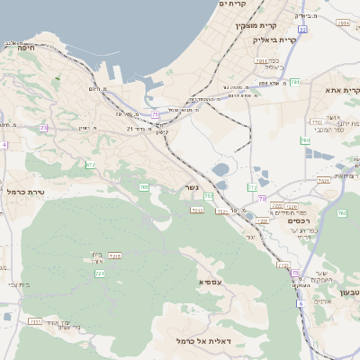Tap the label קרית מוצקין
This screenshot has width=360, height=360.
click(266, 25)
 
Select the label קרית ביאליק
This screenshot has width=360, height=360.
click(275, 40)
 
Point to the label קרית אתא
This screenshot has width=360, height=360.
click(341, 90)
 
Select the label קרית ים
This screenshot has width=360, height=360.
click(233, 4)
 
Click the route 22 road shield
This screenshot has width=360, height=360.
click(302, 30)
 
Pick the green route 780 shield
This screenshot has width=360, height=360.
click(305, 140)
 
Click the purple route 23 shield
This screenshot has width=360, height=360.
click(42, 129)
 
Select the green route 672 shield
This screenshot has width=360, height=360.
click(91, 165)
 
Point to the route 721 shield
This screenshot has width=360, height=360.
click(100, 273)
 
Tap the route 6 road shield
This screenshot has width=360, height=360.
click(300, 302)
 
